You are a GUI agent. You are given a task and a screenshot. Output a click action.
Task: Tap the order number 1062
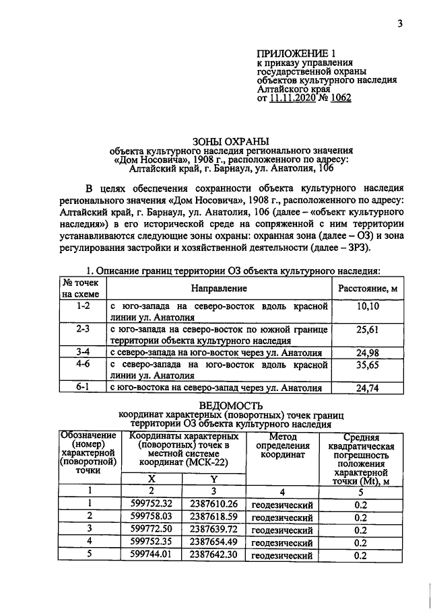click(x=339, y=97)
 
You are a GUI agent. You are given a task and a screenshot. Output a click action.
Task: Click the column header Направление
click(x=218, y=288)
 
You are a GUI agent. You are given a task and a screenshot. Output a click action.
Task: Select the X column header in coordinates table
click(x=151, y=478)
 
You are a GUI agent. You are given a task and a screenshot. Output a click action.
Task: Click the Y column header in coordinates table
click(x=213, y=478)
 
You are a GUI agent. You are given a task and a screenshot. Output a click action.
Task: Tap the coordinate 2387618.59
click(x=213, y=517)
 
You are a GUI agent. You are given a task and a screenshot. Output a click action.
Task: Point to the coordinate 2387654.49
click(x=213, y=542)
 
